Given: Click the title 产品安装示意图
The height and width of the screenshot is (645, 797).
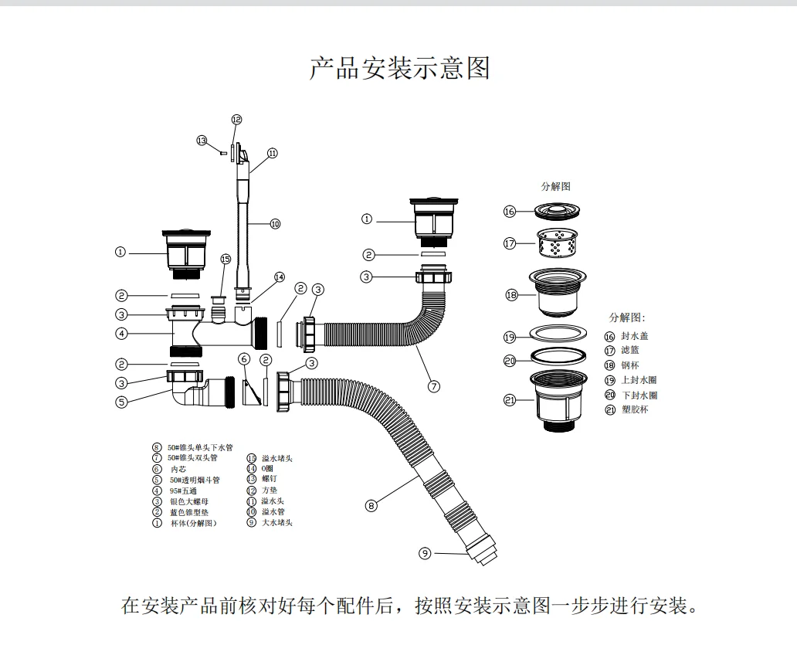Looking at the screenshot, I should point(399,68).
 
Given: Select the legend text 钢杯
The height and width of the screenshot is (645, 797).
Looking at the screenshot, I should point(630,365).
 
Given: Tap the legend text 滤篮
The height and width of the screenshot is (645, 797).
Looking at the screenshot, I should point(630,351).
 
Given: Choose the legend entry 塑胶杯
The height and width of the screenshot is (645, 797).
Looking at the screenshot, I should point(635,409).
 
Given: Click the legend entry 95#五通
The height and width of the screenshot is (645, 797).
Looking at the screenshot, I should point(188,491).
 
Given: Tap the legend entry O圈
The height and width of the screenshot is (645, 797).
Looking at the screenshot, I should point(266,469).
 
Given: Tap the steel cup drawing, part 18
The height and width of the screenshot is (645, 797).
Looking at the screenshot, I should point(560,294).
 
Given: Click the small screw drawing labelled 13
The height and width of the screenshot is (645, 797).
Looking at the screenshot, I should point(223,152).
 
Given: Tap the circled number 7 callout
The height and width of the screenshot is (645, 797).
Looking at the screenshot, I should point(433,386).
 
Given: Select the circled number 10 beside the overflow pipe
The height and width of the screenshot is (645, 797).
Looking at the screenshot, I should point(275,224).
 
